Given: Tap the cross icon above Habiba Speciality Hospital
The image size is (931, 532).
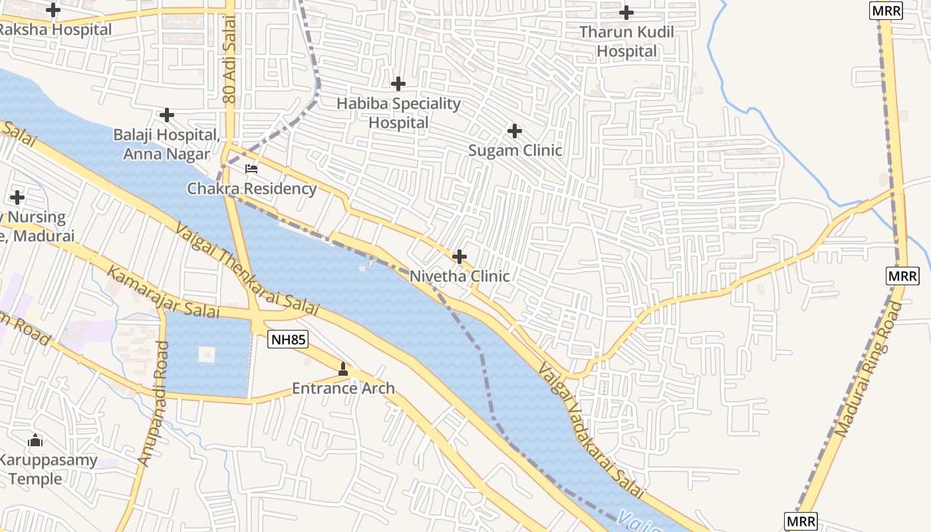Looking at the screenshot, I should tap(398, 84).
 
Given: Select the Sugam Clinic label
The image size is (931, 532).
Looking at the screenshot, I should tap(515, 150).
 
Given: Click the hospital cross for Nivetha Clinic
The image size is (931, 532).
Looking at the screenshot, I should tap(459, 257).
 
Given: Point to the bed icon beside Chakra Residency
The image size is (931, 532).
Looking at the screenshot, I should tap(251, 169).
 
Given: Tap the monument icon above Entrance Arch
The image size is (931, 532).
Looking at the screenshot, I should tap(343, 368).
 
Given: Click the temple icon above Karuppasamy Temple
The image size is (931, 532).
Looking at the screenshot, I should tap(35, 440).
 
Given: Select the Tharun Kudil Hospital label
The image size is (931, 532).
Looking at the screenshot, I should tap(626, 41).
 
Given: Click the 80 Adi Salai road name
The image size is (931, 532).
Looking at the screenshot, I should tap(230, 70).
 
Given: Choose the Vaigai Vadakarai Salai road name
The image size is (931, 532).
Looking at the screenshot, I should tap(592, 431).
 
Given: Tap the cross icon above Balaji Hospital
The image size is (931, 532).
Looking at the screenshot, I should tap(167, 115).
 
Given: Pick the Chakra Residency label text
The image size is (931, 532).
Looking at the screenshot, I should tap(252, 188).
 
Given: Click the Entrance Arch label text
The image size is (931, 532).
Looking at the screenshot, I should tap(343, 388).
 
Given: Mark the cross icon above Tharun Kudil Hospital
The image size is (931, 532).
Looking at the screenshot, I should tap(626, 12).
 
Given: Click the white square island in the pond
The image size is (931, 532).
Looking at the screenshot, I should tap(207, 354).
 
